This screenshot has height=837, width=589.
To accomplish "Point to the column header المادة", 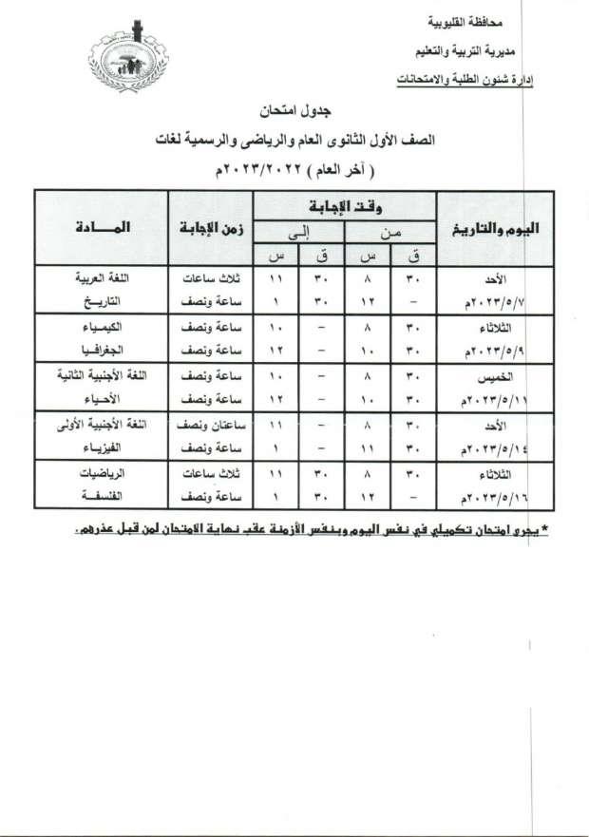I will [x=100, y=228].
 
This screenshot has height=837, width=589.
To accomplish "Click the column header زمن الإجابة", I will [x=212, y=228].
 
